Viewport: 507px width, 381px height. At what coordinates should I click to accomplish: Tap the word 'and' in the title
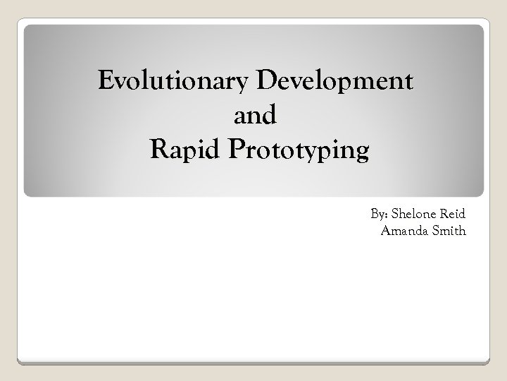(x=254, y=116)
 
